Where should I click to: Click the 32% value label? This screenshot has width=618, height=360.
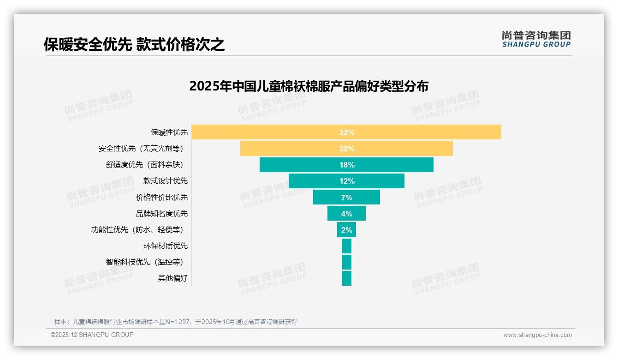(347, 132)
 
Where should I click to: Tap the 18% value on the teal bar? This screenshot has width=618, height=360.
(347, 165)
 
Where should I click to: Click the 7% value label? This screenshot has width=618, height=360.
(347, 198)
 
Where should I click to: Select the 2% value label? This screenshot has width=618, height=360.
(347, 230)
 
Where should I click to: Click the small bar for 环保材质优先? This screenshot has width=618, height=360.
(347, 246)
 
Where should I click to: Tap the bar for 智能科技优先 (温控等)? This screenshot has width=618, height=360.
(347, 262)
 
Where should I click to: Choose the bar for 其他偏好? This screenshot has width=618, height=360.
(347, 278)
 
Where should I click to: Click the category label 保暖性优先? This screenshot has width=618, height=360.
(169, 132)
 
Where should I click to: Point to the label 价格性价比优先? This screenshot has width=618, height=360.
(162, 198)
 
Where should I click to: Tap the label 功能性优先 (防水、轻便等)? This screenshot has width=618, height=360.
(139, 230)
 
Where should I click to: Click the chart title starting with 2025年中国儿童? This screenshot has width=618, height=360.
(309, 86)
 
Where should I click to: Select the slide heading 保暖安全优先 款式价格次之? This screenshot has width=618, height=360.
(134, 44)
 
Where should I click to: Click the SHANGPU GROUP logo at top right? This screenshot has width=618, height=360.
(536, 39)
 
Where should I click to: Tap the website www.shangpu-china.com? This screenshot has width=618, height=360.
(537, 335)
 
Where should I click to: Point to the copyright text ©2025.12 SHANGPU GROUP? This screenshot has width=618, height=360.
(92, 335)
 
